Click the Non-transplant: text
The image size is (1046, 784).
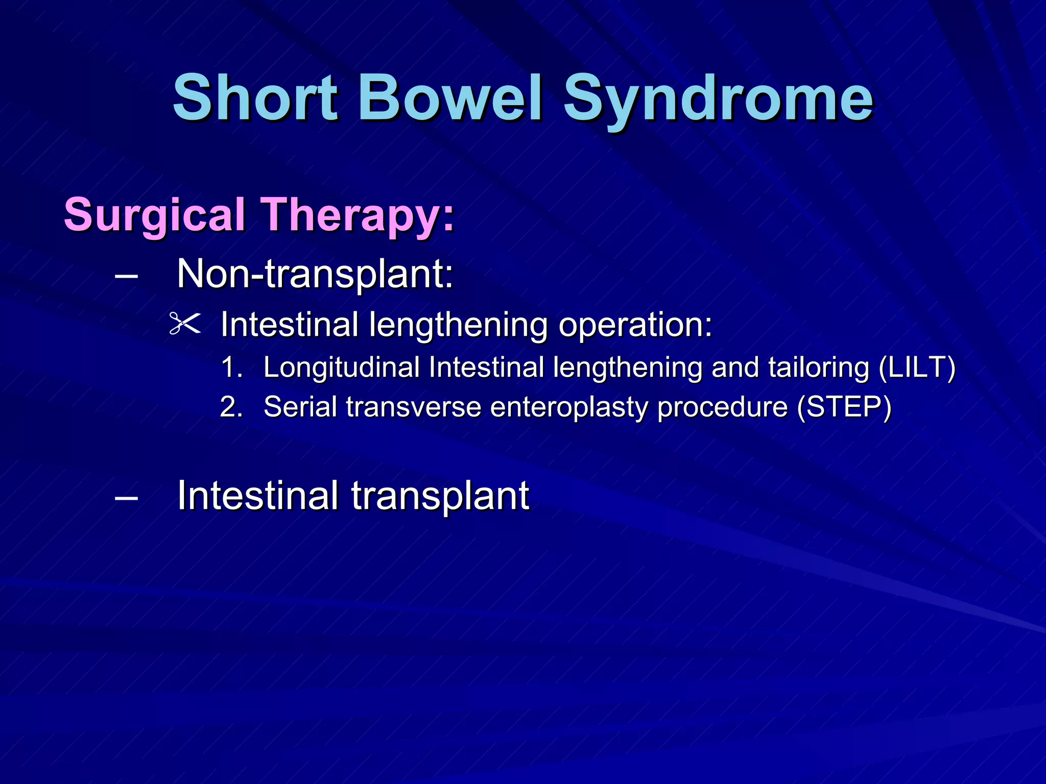(x=315, y=274)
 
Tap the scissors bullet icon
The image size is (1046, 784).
(x=184, y=324)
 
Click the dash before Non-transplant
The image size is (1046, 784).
(x=127, y=276)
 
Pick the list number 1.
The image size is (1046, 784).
(x=231, y=367)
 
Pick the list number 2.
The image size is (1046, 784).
(x=231, y=407)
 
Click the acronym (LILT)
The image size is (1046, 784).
(x=917, y=367)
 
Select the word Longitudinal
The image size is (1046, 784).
(x=341, y=367)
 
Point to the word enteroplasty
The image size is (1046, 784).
(x=568, y=407)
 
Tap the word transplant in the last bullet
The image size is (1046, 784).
(x=440, y=497)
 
